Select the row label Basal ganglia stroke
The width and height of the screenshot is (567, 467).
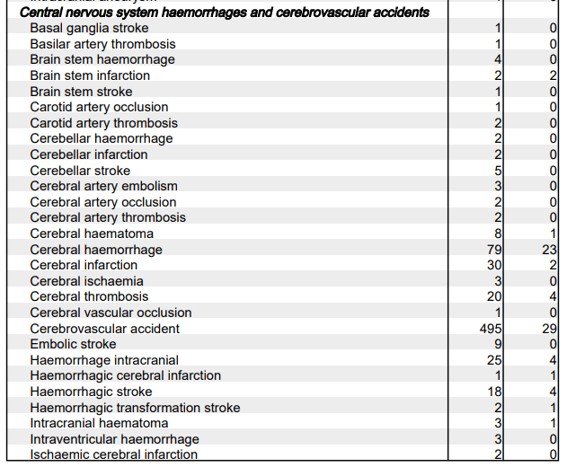89,29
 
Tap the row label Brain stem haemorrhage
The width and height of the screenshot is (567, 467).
102,60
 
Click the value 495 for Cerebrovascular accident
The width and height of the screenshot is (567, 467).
491,329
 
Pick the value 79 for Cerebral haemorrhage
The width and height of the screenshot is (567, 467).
493,250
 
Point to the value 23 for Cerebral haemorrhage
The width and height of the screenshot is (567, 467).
550,250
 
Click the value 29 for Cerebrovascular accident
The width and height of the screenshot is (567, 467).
550,329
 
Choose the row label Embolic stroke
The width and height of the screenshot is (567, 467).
73,344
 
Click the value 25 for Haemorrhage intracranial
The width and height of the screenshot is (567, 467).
493,360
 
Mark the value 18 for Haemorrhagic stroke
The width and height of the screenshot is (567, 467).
493,392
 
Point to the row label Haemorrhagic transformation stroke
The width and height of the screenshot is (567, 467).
135,408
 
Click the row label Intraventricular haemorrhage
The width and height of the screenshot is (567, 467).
114,439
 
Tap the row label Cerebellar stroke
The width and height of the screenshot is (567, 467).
80,171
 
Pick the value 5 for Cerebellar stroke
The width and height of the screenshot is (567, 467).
497,171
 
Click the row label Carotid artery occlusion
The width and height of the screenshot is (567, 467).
99,108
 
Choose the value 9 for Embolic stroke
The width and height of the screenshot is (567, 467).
497,344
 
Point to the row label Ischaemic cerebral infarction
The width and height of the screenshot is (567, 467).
113,454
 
